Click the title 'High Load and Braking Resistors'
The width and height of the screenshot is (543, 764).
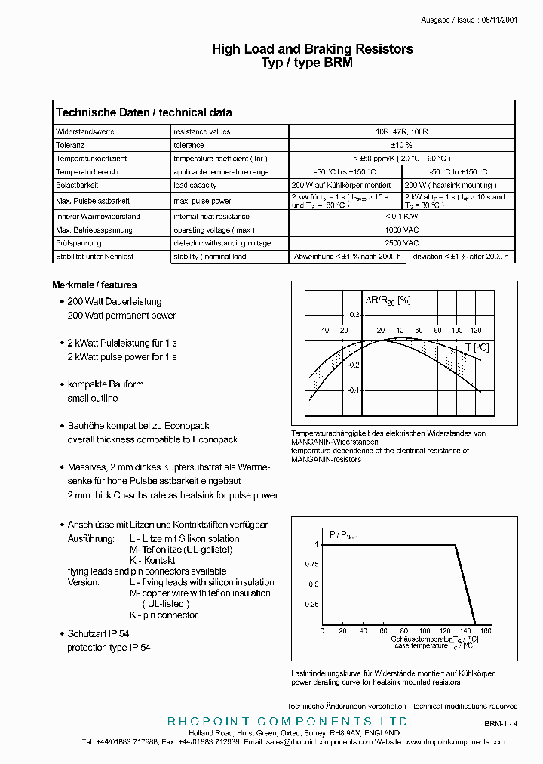click(x=312, y=49)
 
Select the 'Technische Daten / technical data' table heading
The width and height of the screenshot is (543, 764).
click(x=143, y=112)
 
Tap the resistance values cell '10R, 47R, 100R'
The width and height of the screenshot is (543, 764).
click(x=403, y=131)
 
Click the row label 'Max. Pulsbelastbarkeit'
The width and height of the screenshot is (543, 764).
click(x=94, y=201)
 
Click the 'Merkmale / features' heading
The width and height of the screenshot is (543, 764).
click(x=94, y=285)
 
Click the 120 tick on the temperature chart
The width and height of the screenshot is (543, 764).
click(x=475, y=331)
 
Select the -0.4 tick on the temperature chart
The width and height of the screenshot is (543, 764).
click(x=353, y=390)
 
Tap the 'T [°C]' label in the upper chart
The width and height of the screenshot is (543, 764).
click(x=477, y=347)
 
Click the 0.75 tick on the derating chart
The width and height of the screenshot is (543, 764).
click(x=311, y=564)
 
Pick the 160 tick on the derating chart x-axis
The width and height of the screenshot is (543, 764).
click(x=486, y=631)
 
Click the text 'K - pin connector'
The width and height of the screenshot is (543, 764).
click(x=164, y=615)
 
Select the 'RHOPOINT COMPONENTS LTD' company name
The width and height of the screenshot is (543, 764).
click(x=287, y=722)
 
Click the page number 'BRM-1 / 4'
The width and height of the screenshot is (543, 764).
click(x=502, y=723)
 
